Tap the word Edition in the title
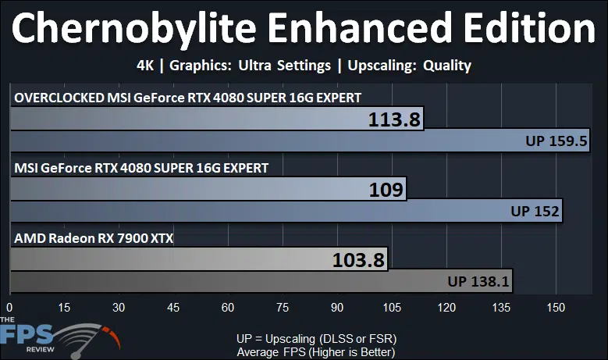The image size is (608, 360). [529, 28]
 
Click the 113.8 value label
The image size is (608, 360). [394, 119]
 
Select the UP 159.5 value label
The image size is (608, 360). [556, 141]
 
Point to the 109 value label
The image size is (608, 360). [386, 190]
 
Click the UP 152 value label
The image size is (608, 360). [535, 211]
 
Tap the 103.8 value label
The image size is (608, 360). [358, 260]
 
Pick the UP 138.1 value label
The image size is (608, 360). [478, 281]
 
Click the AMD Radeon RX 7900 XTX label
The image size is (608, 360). [94, 238]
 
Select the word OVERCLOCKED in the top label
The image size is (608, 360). [59, 98]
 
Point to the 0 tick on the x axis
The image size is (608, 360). [9, 308]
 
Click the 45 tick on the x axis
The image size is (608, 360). [173, 308]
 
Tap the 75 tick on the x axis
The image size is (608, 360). [283, 308]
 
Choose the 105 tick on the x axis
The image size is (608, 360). [392, 308]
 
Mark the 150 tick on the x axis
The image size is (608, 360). [556, 308]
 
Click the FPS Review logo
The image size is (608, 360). [60, 338]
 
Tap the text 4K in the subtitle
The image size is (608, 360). [145, 66]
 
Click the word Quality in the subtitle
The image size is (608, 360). [447, 66]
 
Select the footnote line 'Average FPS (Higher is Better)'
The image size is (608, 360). [316, 352]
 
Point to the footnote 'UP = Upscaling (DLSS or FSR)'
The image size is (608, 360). [316, 339]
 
